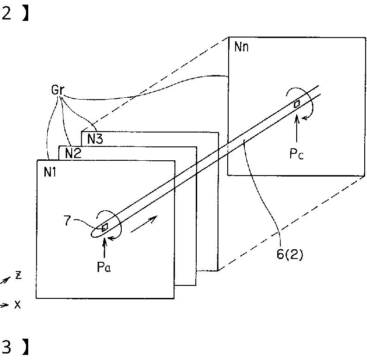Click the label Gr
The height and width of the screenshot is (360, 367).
[x=57, y=90]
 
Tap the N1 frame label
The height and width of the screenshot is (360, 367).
[x=50, y=172]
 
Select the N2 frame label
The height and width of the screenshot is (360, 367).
[x=73, y=153]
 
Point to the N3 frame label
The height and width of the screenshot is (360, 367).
[x=95, y=139]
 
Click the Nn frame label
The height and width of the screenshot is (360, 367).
[x=241, y=47]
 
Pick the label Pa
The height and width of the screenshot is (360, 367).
[x=104, y=267]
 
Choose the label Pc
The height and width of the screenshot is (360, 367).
[x=296, y=154]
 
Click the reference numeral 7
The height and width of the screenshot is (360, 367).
[x=67, y=221]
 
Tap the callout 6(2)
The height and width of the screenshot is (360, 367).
[x=290, y=254]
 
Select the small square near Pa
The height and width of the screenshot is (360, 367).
[x=105, y=227]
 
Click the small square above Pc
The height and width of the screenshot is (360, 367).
[x=297, y=104]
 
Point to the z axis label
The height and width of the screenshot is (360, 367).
[x=19, y=275]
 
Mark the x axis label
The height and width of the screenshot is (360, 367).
[x=18, y=304]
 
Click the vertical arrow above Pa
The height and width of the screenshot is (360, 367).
[x=105, y=247]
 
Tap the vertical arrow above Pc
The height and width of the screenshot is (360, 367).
[x=297, y=128]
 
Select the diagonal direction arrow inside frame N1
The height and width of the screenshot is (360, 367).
[x=143, y=224]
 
